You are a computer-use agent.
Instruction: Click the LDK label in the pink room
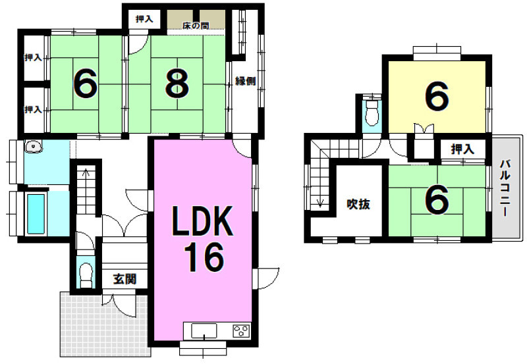(202, 221)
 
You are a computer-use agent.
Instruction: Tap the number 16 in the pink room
(205, 257)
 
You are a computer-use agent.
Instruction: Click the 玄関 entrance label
(125, 278)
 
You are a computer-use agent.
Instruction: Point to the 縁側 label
(245, 81)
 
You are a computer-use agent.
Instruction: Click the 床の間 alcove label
(196, 26)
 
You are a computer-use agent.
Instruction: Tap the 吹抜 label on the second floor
(358, 204)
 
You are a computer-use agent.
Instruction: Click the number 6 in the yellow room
(437, 96)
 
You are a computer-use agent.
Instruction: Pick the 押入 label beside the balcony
(462, 149)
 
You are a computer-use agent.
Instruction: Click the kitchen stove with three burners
(241, 330)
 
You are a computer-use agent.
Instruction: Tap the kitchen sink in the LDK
(204, 330)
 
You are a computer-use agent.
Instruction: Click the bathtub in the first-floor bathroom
(36, 214)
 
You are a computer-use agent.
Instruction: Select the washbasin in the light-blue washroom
(32, 147)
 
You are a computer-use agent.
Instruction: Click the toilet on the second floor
(372, 113)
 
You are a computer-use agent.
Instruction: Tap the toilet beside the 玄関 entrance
(86, 274)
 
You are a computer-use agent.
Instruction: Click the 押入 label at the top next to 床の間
(144, 19)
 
